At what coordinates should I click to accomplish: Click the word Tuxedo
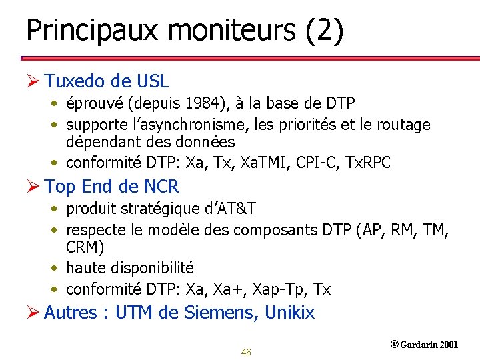point(74,81)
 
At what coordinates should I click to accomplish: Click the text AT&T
point(236,209)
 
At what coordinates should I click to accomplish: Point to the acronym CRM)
point(85,247)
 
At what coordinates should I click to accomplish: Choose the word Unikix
point(289,312)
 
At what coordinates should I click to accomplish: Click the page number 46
point(246,352)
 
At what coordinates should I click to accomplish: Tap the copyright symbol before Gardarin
point(394,344)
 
